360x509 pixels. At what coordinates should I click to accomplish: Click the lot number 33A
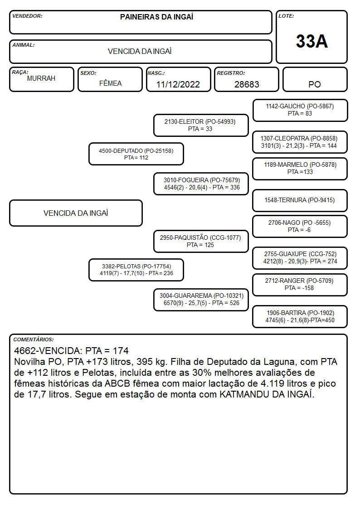tap(311, 41)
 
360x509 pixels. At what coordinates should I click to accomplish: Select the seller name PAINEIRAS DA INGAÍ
tap(156, 17)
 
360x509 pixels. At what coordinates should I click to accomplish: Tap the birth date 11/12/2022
tap(178, 84)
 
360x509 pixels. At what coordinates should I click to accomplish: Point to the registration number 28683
tap(247, 84)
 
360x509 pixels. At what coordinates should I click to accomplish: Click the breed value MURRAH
tap(41, 78)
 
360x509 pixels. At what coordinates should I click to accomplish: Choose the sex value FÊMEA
tap(110, 83)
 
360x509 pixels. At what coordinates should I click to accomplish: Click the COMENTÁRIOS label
tap(34, 339)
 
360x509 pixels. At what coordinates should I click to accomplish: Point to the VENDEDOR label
tap(27, 16)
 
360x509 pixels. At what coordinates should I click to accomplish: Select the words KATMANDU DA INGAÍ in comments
tap(267, 394)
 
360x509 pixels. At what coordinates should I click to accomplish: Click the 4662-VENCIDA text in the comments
tap(48, 350)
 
